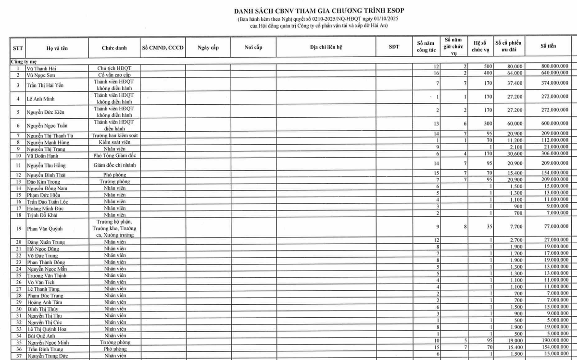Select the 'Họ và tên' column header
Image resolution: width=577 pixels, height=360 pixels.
tap(56, 48)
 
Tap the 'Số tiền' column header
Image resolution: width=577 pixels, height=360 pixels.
tap(548, 46)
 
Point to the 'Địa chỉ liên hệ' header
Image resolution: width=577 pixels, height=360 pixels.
tap(326, 48)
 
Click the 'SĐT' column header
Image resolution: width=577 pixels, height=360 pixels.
tap(394, 47)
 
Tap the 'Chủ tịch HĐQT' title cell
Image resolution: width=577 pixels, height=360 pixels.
tap(114, 69)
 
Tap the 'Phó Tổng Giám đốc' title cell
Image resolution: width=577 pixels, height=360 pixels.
tap(114, 156)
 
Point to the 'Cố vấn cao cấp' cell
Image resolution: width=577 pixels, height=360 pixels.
tap(114, 75)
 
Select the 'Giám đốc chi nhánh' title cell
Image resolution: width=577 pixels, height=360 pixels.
tap(114, 165)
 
